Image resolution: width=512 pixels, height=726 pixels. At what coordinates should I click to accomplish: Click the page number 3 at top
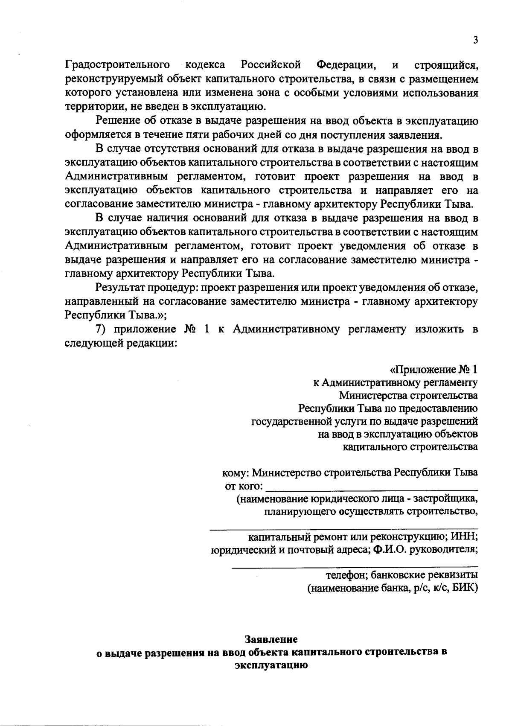(475, 40)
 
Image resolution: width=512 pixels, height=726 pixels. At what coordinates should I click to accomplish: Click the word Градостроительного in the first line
(118, 65)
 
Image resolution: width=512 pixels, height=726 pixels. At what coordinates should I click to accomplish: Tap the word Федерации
(346, 65)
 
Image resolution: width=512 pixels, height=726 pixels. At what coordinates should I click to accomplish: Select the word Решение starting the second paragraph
(118, 121)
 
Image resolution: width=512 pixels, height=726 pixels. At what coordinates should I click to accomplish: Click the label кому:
(236, 472)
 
